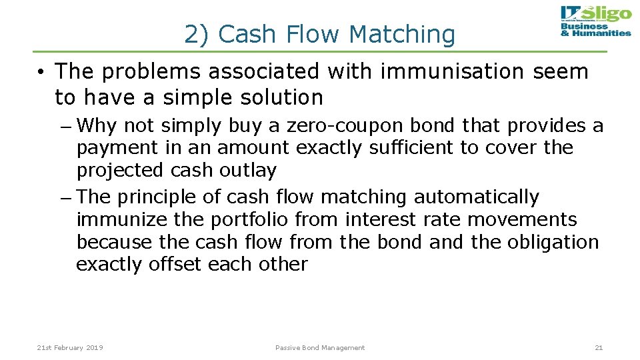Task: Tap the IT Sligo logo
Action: pos(595,21)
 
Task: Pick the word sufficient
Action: pos(405,147)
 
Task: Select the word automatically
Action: pos(476,197)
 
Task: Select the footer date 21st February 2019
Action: pos(70,347)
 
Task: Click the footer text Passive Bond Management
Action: pos(320,347)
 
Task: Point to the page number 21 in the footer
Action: pos(598,347)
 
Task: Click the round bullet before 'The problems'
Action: pos(41,72)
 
